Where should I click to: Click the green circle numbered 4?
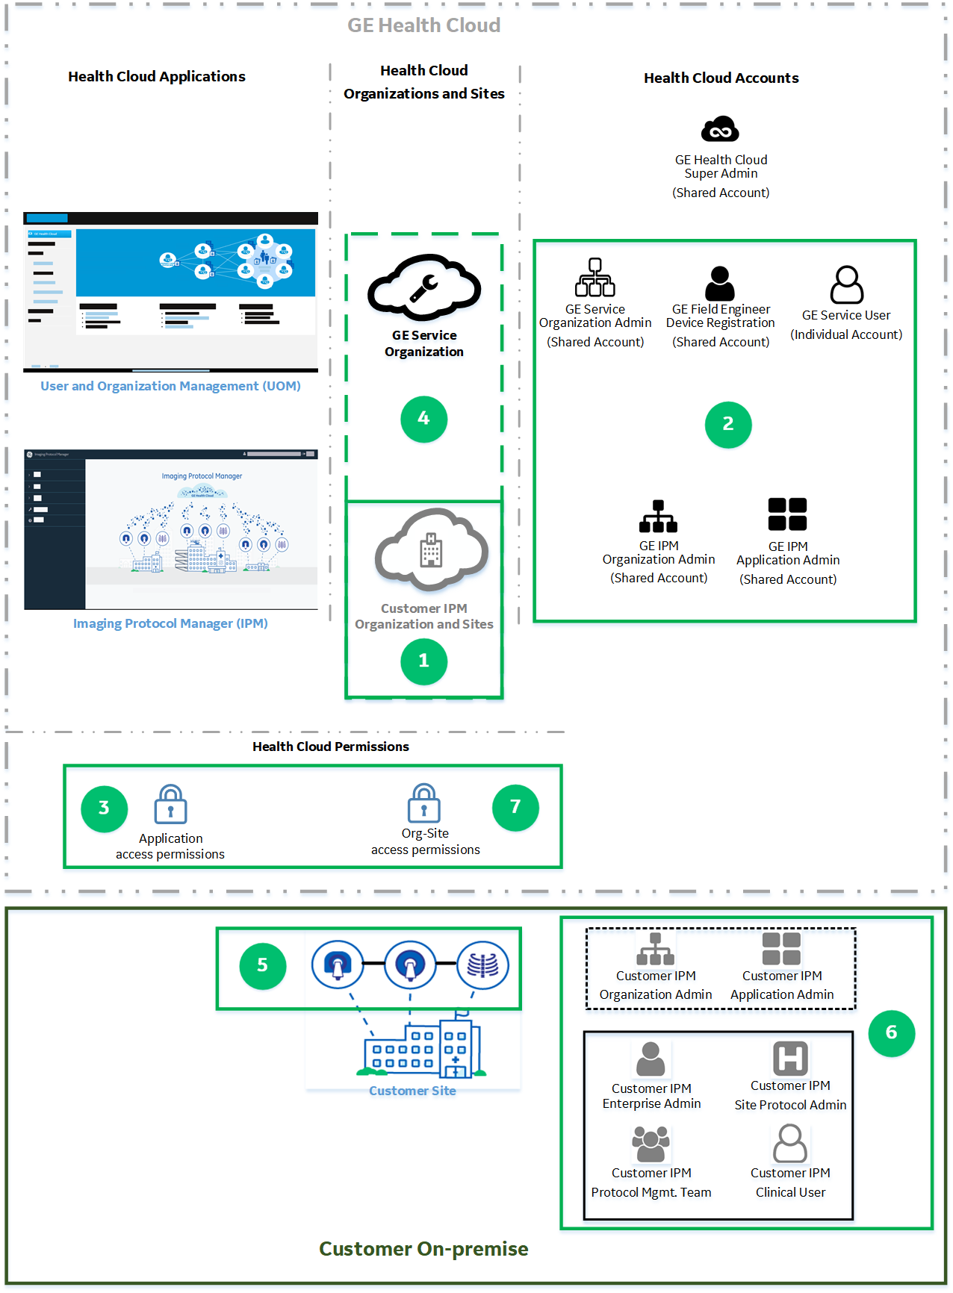click(x=423, y=419)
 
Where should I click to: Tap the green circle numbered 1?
click(x=423, y=661)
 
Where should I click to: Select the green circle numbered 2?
click(x=728, y=425)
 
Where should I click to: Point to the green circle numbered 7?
click(x=515, y=807)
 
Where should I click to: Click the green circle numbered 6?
click(x=891, y=1033)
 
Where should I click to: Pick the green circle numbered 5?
click(x=262, y=966)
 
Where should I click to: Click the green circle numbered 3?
click(x=104, y=808)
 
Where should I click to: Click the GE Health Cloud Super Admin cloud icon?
click(x=720, y=130)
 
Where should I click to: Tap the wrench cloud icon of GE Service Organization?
click(x=423, y=287)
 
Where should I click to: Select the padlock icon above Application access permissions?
click(x=170, y=804)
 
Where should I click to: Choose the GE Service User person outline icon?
click(x=846, y=284)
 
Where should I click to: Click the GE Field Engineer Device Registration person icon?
click(x=720, y=284)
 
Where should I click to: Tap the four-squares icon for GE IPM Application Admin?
click(x=787, y=514)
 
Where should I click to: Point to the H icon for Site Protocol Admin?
click(x=790, y=1059)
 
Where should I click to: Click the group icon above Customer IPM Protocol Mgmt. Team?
click(x=651, y=1144)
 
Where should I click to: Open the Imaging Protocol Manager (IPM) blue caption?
click(x=170, y=623)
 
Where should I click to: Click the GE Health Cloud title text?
click(x=423, y=25)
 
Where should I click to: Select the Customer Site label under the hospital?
click(x=412, y=1091)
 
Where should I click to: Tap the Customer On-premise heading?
click(x=423, y=1249)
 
